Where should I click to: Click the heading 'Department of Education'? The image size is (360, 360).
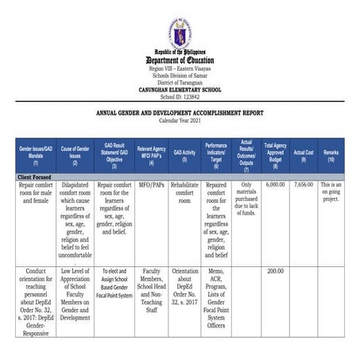click(x=180, y=60)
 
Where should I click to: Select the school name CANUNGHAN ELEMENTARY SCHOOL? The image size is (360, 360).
click(x=180, y=90)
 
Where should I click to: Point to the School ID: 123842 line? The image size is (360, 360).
click(x=180, y=96)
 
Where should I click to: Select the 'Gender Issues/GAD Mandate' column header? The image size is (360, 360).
click(x=36, y=153)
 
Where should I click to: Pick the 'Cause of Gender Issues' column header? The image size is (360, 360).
click(x=75, y=153)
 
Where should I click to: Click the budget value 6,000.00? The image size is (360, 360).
click(x=275, y=184)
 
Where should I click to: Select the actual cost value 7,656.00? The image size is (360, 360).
click(x=303, y=184)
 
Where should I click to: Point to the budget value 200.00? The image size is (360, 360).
click(x=275, y=271)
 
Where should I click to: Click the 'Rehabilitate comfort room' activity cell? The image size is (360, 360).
click(x=184, y=192)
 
